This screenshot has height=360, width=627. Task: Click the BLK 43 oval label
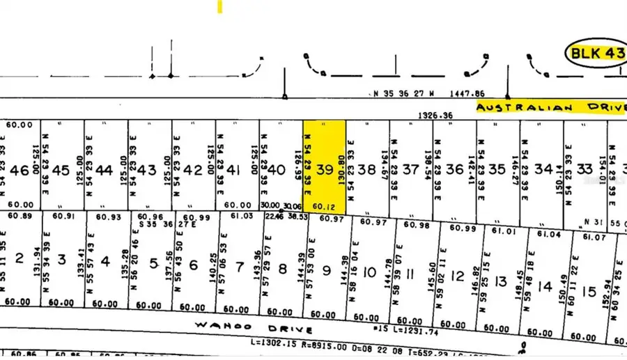pyautogui.click(x=594, y=53)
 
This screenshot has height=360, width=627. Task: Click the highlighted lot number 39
pyautogui.click(x=325, y=169)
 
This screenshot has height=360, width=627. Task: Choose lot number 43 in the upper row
pyautogui.click(x=148, y=169)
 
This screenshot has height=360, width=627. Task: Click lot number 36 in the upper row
pyautogui.click(x=455, y=169)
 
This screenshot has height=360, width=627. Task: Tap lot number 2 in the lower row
pyautogui.click(x=20, y=260)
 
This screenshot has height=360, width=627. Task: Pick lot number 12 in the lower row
pyautogui.click(x=457, y=276)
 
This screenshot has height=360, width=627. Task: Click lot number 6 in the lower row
pyautogui.click(x=194, y=265)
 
